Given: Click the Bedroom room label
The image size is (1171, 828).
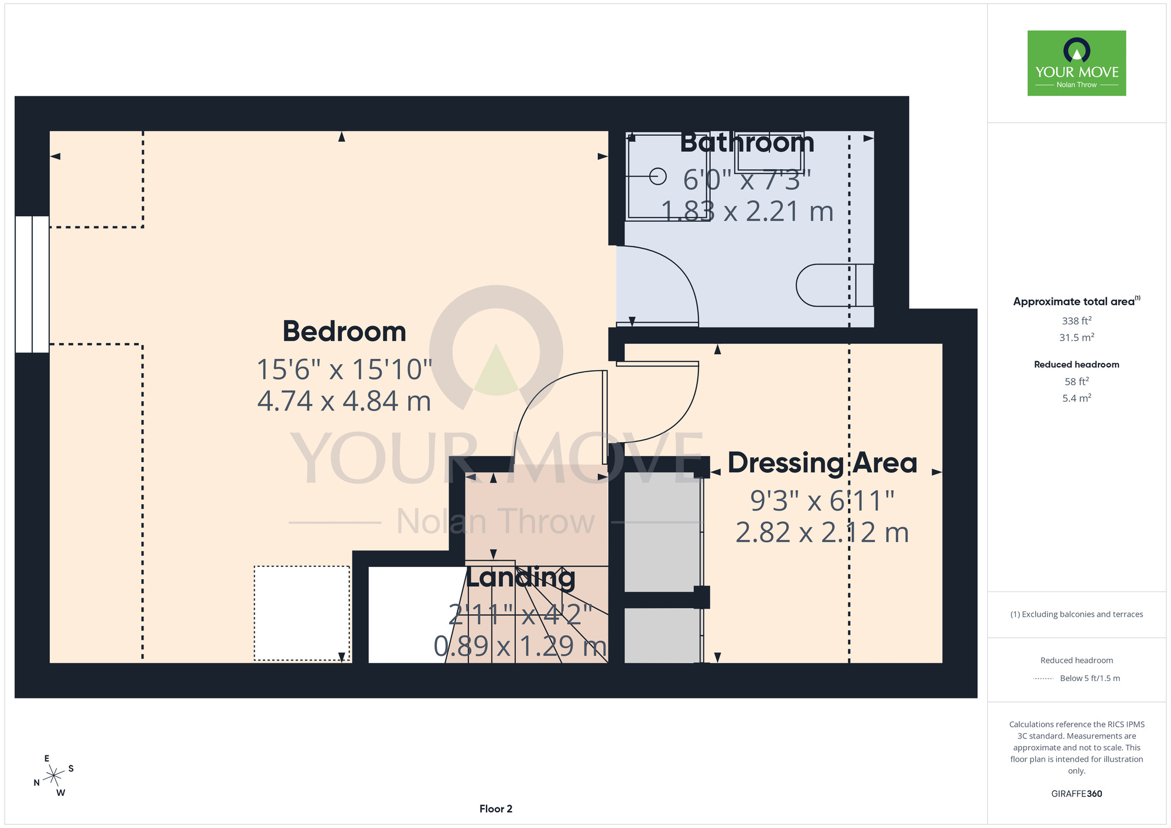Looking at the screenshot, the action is click(344, 331).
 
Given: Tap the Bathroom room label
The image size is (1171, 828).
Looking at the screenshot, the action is click(747, 143).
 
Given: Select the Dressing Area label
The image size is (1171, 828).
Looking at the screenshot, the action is click(822, 463).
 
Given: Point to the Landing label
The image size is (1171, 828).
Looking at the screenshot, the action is click(521, 577).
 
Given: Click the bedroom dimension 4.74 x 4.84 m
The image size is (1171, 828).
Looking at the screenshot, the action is click(344, 402).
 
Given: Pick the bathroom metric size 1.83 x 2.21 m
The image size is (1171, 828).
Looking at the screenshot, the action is click(747, 211).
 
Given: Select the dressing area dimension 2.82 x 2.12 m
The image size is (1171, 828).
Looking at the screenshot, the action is click(822, 533).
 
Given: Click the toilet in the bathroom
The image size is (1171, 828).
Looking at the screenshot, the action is click(835, 285).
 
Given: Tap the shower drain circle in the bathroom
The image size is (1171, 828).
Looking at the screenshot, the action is click(658, 176).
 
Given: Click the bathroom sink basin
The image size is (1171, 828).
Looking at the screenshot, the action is click(769, 152).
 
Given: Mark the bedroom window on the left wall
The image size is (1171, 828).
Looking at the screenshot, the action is click(32, 284).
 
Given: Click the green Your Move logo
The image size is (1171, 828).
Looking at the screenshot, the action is click(1077, 63).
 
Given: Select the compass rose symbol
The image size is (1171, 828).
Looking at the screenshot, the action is click(54, 776).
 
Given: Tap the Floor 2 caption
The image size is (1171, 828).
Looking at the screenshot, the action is click(496, 809).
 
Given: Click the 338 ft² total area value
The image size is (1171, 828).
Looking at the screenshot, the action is click(1077, 320).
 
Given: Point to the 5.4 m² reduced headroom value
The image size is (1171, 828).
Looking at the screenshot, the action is click(1077, 398).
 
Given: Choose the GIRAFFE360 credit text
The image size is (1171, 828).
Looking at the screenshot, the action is click(1077, 794).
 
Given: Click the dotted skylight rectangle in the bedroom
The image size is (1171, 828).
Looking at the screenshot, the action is click(302, 613).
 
